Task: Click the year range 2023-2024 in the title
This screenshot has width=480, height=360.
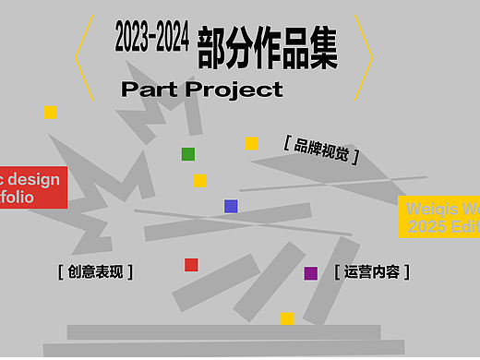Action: click(152, 38)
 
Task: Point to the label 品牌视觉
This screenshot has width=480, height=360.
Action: click(322, 148)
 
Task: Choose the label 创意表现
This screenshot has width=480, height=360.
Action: click(94, 271)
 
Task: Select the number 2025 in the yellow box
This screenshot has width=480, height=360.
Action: click(426, 226)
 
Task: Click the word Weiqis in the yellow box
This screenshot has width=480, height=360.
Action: click(430, 208)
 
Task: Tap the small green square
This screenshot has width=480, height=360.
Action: click(188, 154)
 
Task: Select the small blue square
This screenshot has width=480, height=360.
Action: click(231, 206)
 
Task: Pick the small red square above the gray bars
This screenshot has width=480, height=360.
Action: click(191, 265)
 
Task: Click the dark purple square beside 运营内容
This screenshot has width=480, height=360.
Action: click(311, 273)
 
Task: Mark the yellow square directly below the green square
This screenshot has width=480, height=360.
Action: click(199, 181)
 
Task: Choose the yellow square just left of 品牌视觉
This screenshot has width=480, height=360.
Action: click(251, 143)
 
